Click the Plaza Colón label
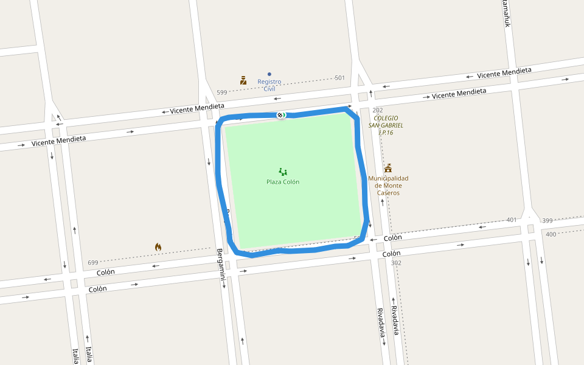[283, 182]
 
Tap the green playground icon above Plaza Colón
[283, 172]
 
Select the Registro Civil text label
[269, 85]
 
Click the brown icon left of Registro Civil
[243, 80]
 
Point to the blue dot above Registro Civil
[269, 74]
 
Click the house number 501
[339, 78]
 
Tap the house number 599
[221, 92]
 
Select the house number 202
[378, 110]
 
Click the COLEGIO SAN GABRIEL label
[386, 125]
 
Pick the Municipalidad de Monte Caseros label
[388, 186]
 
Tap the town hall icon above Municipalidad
[388, 168]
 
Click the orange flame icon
[158, 247]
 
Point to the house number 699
[93, 263]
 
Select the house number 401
[512, 220]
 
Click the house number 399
[547, 220]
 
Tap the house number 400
[551, 234]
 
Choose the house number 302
[396, 263]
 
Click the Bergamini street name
[221, 264]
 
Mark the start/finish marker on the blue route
[281, 115]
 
